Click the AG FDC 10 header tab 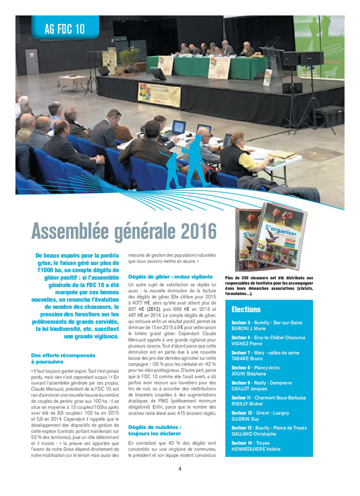(64, 29)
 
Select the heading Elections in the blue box (246, 310)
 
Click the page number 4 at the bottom (180, 468)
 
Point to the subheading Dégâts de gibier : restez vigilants (170, 276)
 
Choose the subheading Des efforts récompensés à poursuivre (63, 359)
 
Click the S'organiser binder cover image (271, 236)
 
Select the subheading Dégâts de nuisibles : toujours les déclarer (155, 430)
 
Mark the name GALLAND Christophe (253, 434)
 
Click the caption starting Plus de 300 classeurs (269, 286)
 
